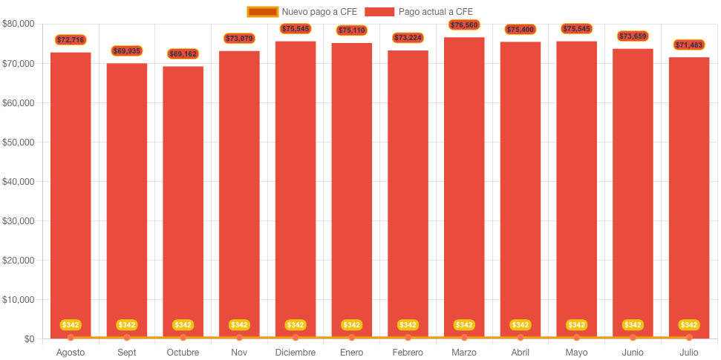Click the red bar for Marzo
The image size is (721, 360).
point(464,186)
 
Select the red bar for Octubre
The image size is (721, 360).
point(183,200)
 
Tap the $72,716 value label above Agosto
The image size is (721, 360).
point(71,39)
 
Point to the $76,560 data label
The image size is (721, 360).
point(464,25)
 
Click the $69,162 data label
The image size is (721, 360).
point(183,54)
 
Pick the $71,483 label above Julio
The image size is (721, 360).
point(689,45)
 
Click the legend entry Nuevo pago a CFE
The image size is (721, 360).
point(303,12)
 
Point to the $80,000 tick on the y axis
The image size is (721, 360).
point(19,24)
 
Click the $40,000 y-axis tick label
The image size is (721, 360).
point(19,182)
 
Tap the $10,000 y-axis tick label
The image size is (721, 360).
point(19,300)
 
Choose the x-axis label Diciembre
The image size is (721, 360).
point(296,353)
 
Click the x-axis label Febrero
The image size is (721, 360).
point(408,353)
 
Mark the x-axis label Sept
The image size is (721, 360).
point(127,353)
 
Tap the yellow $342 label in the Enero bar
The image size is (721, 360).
point(351,325)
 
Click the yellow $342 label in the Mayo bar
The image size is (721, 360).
point(576,325)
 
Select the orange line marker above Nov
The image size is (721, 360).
point(239,338)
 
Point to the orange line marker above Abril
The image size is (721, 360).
point(521,338)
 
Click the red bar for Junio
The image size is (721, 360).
point(633,193)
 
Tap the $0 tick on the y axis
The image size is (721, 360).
point(28,339)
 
